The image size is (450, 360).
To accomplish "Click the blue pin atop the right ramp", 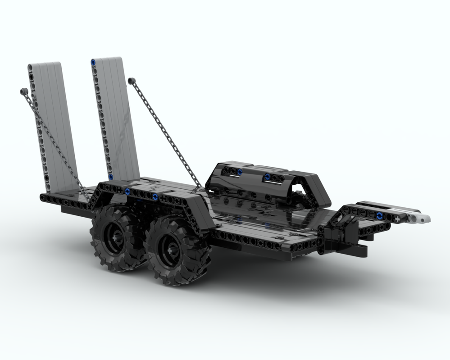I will (x=93, y=62).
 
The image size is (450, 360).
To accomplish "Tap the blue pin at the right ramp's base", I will (x=110, y=177).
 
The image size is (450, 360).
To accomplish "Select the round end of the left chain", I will (x=23, y=91).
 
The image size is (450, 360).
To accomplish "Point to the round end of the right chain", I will (x=131, y=80).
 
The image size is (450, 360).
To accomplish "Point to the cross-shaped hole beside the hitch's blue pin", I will (x=398, y=219).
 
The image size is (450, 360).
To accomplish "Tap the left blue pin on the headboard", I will (x=239, y=172).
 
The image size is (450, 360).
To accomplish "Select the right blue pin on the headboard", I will (x=268, y=176).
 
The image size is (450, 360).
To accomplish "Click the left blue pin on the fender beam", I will (x=128, y=191).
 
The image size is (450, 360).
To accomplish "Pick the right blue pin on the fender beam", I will (x=155, y=196).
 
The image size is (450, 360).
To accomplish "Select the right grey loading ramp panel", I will (x=118, y=117).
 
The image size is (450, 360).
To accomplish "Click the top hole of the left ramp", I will (x=31, y=68).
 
